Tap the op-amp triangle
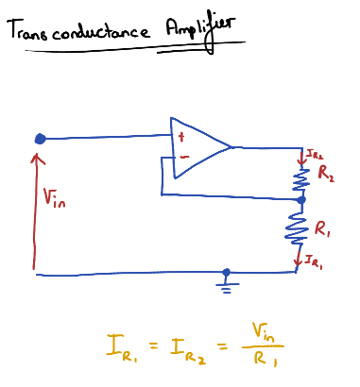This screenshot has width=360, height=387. pyautogui.click(x=198, y=148)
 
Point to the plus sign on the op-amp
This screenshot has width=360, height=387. pyautogui.click(x=179, y=138)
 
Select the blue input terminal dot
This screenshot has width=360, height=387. pyautogui.click(x=40, y=139)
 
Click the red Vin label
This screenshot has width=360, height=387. pyautogui.click(x=56, y=197)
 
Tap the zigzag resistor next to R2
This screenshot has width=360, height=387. pyautogui.click(x=301, y=179)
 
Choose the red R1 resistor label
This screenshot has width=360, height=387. pyautogui.click(x=323, y=230)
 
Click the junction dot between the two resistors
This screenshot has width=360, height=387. pyautogui.click(x=301, y=200)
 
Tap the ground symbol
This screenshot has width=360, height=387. pyautogui.click(x=225, y=281)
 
